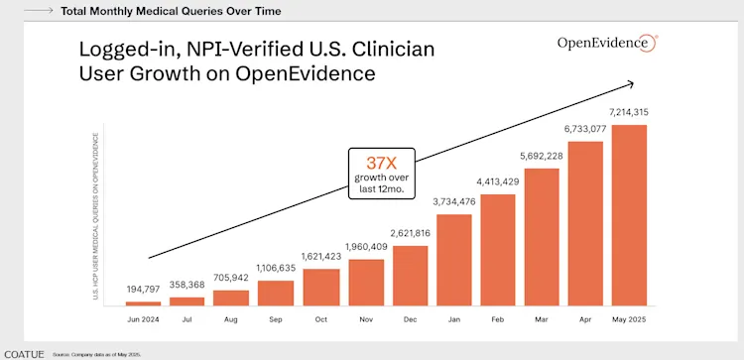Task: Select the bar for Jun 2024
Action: tap(143, 301)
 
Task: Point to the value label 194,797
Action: tap(143, 289)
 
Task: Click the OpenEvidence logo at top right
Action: tap(606, 43)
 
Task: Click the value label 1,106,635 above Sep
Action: tap(276, 269)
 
